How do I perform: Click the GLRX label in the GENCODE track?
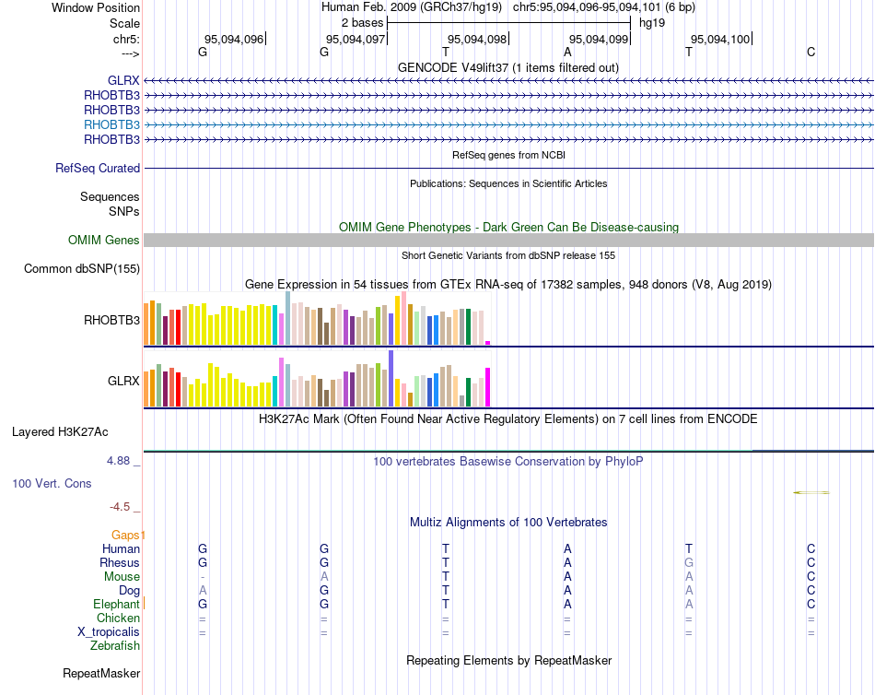coord(123,80)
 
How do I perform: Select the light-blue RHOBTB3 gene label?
coord(111,124)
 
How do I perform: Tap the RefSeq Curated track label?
coord(98,169)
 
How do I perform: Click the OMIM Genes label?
coord(104,241)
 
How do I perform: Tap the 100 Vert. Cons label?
coord(52,483)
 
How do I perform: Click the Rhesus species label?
coord(120,563)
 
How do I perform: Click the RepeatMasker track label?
coord(100,674)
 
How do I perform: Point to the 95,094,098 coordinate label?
coord(476,39)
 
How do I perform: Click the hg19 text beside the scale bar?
coord(652,22)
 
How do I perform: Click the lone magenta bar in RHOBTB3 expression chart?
coord(488,343)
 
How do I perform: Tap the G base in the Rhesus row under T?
coord(688,563)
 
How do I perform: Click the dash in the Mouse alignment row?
coord(203,576)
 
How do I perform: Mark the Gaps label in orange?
coord(127,535)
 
